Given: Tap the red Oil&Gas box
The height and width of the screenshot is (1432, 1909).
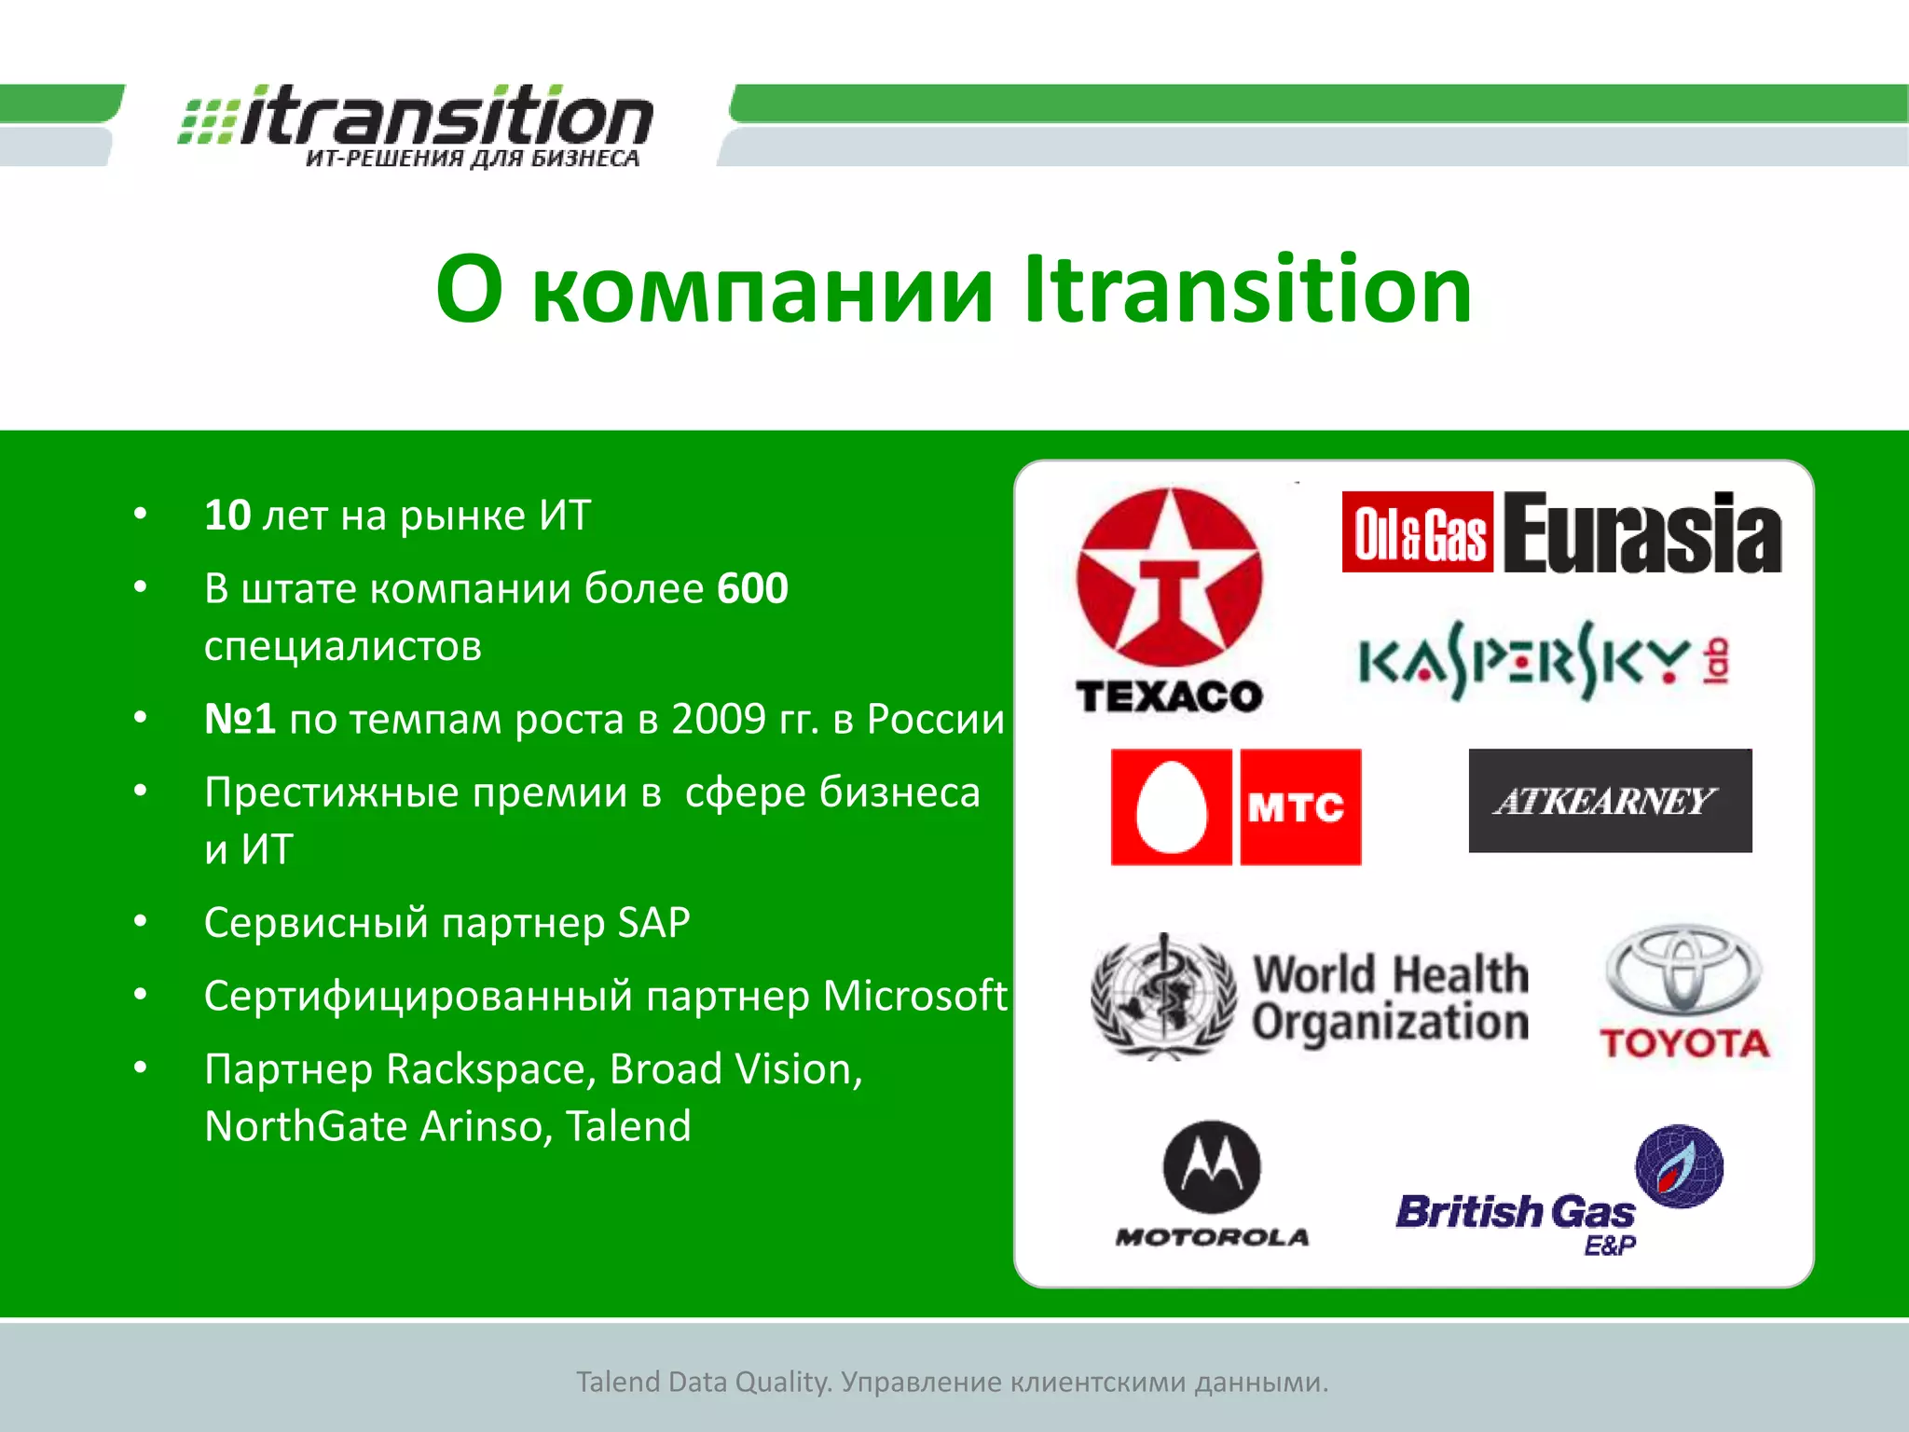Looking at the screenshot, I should (1417, 532).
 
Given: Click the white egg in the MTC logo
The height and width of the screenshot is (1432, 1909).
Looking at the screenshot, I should (1172, 807).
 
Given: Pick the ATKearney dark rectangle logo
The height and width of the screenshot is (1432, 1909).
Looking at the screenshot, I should (1610, 801).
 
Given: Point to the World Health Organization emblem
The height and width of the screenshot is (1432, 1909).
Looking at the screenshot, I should (1161, 997).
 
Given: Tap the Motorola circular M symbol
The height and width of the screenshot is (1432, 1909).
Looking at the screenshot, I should (1212, 1167).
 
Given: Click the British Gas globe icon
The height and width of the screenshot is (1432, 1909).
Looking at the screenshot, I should (1680, 1166).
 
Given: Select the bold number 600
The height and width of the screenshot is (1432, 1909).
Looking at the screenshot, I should (753, 589).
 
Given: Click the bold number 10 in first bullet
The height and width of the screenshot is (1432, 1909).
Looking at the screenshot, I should (227, 516).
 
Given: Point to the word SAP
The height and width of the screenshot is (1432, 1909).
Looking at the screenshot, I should (653, 923).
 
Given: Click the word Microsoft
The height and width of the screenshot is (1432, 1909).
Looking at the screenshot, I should (914, 996).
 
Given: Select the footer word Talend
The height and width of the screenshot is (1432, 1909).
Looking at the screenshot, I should (617, 1382).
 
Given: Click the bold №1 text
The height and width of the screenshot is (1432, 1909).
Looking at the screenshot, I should (240, 720).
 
